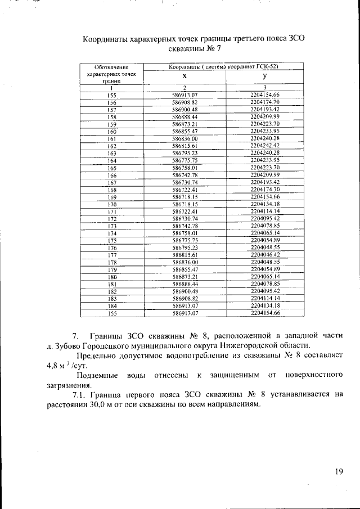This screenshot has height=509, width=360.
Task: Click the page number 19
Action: [338, 471]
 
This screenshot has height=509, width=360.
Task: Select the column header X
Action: [185, 76]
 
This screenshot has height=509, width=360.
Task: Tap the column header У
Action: [264, 76]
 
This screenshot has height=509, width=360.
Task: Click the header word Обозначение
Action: [112, 67]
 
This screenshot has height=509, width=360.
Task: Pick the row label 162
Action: [111, 146]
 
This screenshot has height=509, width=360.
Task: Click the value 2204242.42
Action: [264, 146]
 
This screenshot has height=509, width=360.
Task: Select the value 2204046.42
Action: [264, 255]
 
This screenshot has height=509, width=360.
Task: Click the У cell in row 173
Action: [264, 225]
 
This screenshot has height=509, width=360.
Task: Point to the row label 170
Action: [111, 205]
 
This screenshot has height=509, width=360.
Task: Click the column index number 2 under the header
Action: [185, 88]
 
